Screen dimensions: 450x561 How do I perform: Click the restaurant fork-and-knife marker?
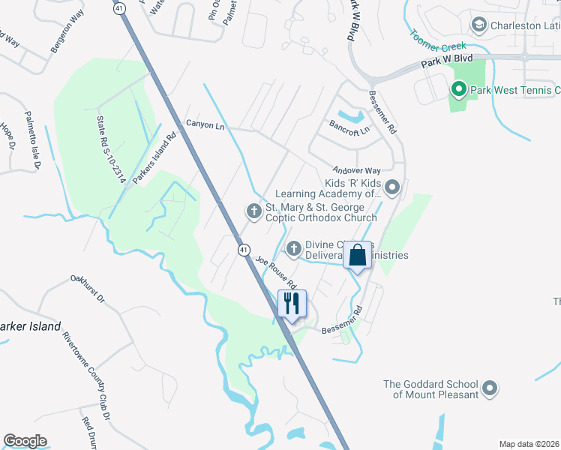tap(292, 304)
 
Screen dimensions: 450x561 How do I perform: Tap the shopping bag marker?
tap(358, 255)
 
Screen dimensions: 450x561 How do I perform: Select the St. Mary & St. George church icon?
tap(253, 211)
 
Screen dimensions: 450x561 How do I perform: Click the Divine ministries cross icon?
tap(294, 247)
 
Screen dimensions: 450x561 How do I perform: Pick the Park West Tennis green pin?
tap(459, 91)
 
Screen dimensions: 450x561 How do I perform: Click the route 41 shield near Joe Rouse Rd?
tap(244, 250)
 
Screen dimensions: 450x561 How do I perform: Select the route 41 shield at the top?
tap(119, 8)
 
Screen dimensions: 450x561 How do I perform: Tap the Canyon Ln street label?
tap(205, 126)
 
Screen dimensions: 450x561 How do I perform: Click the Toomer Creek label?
tap(438, 38)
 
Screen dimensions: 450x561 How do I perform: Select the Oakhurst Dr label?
tap(88, 288)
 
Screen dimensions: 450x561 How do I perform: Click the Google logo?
tap(25, 441)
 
